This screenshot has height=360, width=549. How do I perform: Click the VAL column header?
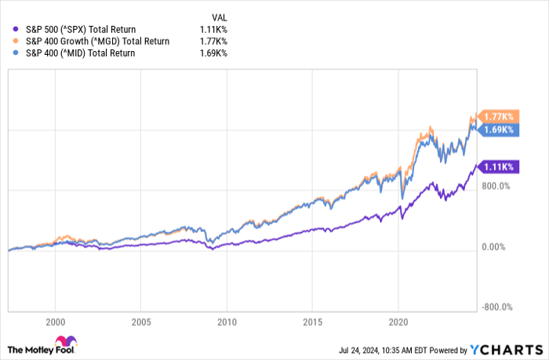(x=220, y=16)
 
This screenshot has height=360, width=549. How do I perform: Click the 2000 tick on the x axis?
(x=55, y=321)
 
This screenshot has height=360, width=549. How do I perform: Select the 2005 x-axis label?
(x=141, y=321)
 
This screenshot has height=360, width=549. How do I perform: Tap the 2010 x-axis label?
(x=227, y=321)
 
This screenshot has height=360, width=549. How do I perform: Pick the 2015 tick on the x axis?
(x=313, y=321)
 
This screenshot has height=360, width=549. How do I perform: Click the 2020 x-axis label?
(x=398, y=321)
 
